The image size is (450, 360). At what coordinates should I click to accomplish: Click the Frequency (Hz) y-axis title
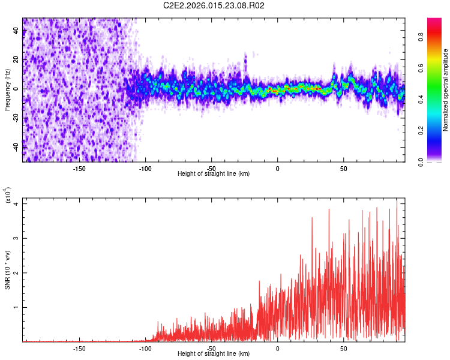pos(7,89)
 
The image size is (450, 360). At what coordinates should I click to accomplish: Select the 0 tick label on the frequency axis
pos(17,89)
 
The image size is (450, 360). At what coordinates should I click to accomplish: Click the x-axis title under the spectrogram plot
pos(214,174)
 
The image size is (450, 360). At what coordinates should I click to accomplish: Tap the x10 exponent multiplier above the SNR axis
pos(8,195)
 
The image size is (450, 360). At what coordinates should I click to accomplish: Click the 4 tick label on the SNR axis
pos(17,203)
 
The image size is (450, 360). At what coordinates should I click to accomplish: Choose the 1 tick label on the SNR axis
pos(17,307)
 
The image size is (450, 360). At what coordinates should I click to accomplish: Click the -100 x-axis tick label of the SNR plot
pos(145,348)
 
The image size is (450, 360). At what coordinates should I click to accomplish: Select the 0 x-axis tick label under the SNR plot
pos(278,348)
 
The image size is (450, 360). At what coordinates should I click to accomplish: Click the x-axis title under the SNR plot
pos(214,354)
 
